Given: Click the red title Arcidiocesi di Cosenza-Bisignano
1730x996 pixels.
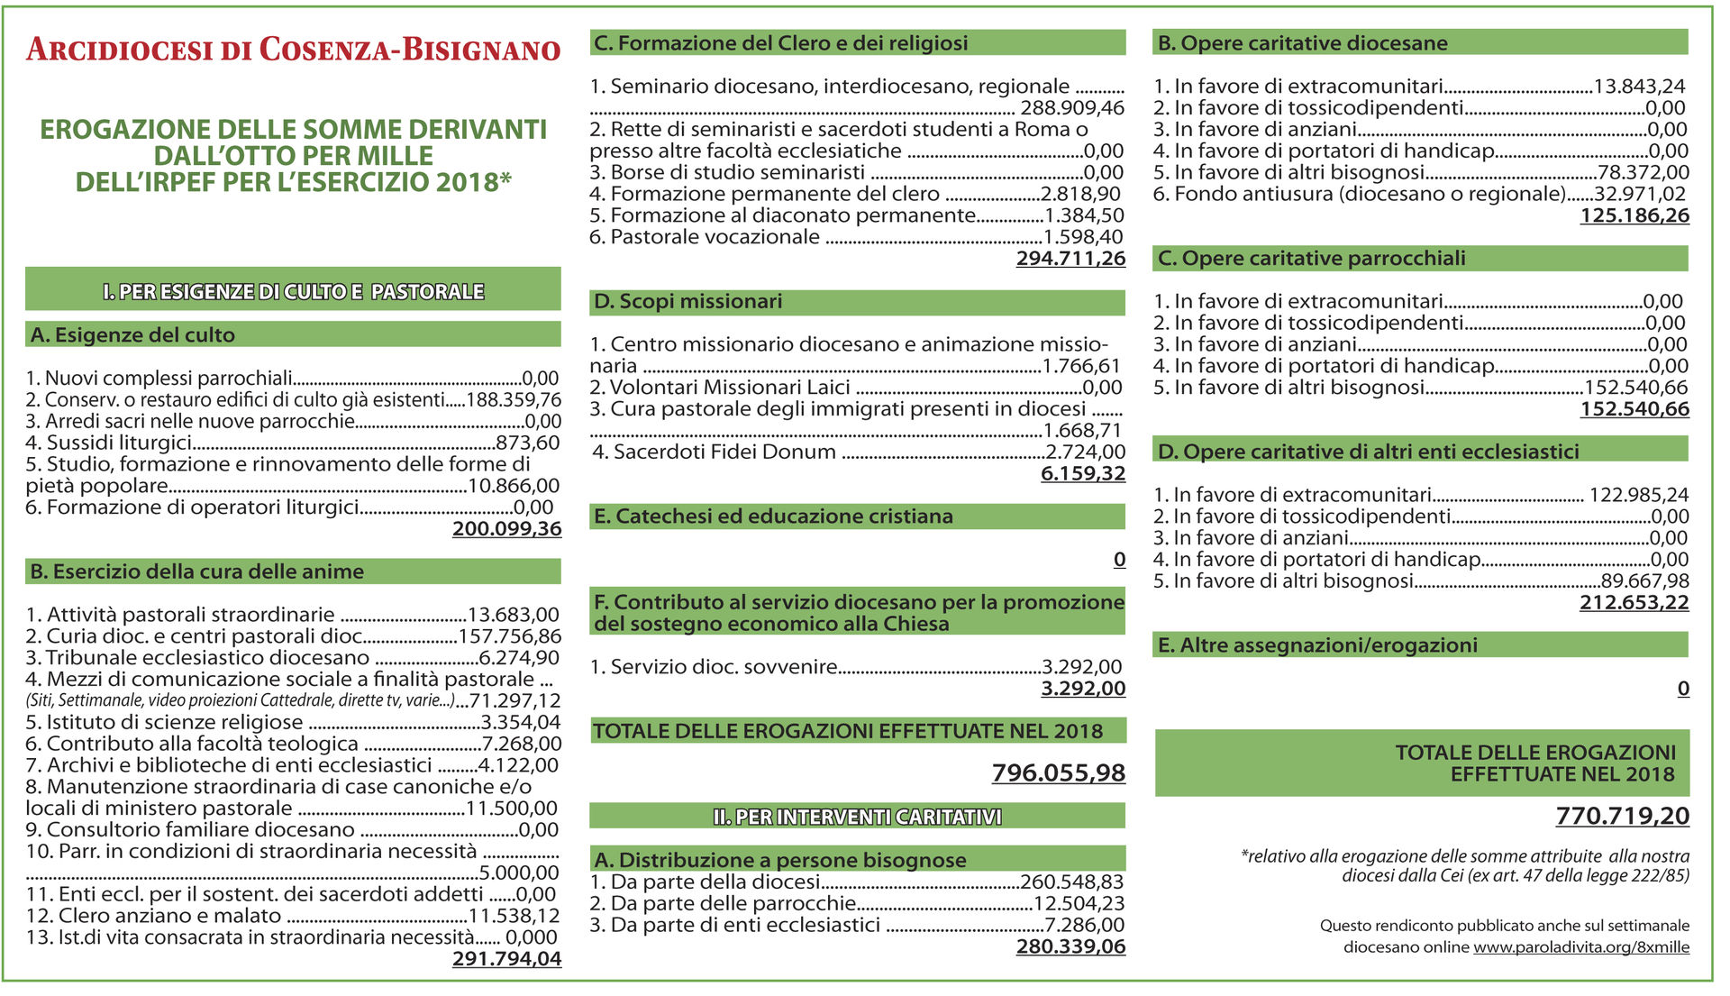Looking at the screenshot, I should click(293, 50).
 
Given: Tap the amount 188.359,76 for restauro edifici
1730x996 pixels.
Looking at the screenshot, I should click(514, 400).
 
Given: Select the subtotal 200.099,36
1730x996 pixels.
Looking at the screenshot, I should click(506, 529).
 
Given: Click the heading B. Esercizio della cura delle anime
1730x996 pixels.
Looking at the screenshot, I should click(197, 571).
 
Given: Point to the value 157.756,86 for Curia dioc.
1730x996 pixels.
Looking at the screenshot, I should click(509, 636).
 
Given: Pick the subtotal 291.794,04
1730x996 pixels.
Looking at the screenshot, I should click(506, 959).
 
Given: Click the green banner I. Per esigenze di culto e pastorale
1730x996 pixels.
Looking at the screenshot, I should click(293, 291).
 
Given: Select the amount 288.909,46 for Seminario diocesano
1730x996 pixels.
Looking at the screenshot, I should click(1072, 108).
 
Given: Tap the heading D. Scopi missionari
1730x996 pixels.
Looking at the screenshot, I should click(688, 302).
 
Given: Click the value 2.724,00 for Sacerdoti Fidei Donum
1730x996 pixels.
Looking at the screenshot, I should click(1085, 452).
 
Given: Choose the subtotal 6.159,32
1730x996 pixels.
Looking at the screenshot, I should click(1083, 474).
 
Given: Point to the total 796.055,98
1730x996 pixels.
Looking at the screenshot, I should click(1059, 773).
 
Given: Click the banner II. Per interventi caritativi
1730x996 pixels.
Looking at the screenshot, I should click(857, 817).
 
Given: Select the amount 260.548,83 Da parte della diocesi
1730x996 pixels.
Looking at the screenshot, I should click(1072, 882).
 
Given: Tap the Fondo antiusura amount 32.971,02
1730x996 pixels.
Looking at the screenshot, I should click(1640, 195).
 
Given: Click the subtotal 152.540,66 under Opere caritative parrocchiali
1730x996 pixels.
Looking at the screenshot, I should click(1634, 409).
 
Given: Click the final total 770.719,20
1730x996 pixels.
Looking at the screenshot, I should click(1622, 817).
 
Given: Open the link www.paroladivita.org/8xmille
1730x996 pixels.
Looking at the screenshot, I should click(1581, 947).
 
